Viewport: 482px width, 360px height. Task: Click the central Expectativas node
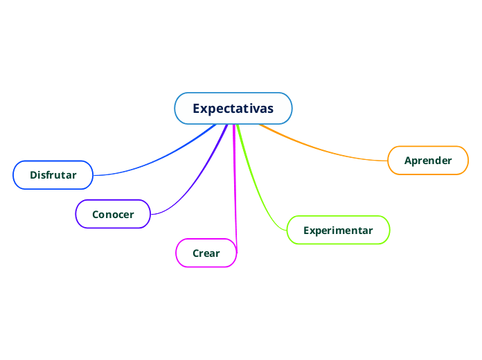(233, 109)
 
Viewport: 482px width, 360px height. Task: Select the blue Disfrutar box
(53, 175)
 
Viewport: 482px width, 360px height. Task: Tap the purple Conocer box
(113, 215)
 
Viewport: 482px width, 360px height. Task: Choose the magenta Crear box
(206, 253)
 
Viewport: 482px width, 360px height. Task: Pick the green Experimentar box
(338, 231)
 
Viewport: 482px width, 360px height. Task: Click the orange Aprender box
(428, 161)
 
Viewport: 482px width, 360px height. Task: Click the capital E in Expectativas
(197, 109)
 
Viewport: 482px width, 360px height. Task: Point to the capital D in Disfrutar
(33, 175)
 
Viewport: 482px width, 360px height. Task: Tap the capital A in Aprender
(408, 161)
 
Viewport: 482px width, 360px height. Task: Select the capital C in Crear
(196, 253)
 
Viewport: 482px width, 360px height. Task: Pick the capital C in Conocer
(96, 215)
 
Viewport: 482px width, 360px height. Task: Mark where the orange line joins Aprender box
(388, 161)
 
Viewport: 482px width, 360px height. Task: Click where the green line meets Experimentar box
(287, 229)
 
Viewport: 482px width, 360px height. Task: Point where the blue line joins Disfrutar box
(93, 175)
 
